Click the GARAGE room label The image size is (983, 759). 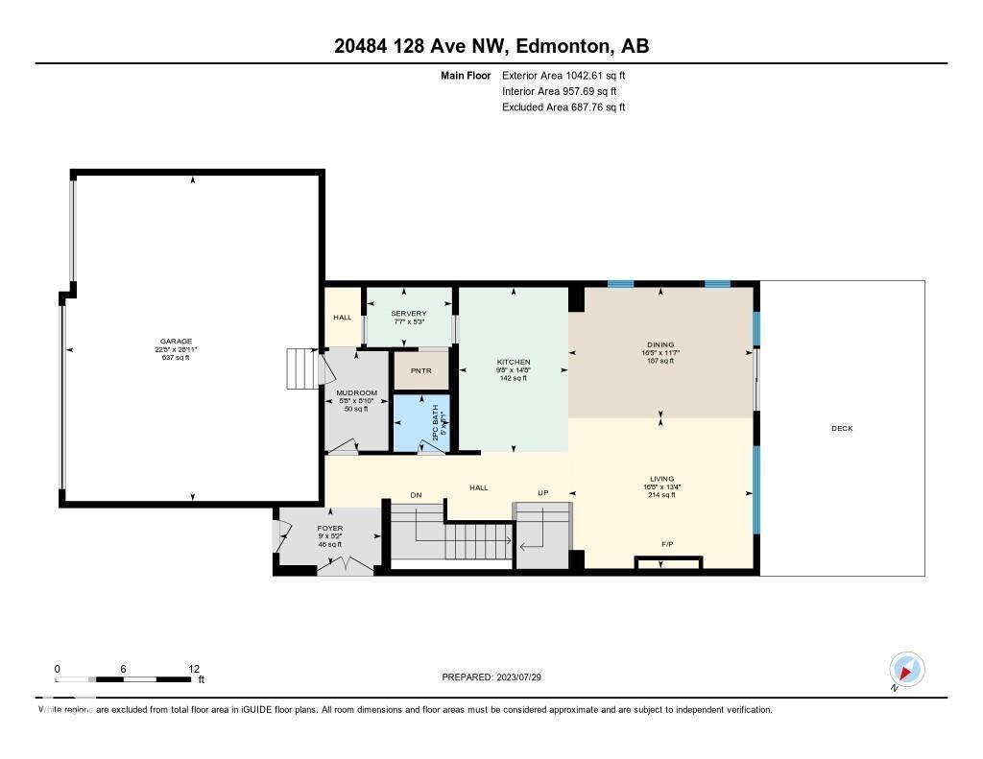[176, 342]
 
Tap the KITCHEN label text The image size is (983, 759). [514, 362]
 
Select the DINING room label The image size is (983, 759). [660, 344]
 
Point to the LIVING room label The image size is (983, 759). [661, 479]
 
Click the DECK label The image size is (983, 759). [841, 429]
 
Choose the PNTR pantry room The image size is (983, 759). [420, 370]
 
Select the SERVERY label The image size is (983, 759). [408, 314]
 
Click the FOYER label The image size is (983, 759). [330, 529]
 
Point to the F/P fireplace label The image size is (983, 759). [667, 545]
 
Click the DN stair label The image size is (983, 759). [416, 495]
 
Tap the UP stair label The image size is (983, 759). [542, 493]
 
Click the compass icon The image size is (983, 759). [906, 670]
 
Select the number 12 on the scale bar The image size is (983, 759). [194, 669]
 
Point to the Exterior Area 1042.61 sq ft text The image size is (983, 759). [563, 75]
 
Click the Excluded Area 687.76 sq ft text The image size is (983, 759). [563, 107]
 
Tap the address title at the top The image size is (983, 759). [491, 46]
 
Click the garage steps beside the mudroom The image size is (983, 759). [300, 368]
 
